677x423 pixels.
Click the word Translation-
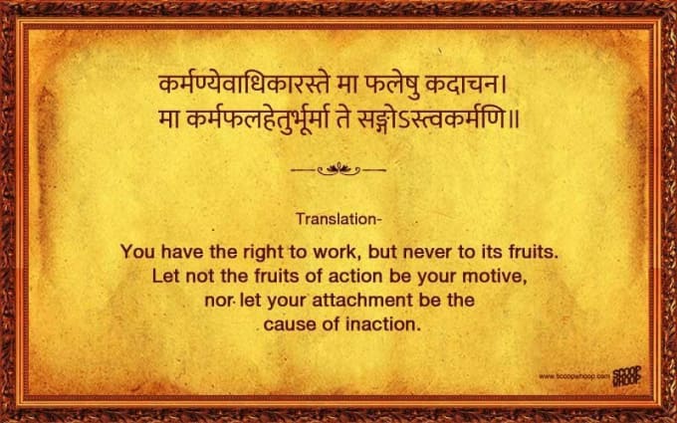338,219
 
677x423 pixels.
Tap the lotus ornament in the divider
338,169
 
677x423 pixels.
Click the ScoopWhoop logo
627,376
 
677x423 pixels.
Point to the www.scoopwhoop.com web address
574,376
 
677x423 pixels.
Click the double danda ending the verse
513,120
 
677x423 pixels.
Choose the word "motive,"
495,277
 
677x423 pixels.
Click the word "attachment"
362,301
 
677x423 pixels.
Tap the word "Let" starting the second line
165,277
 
